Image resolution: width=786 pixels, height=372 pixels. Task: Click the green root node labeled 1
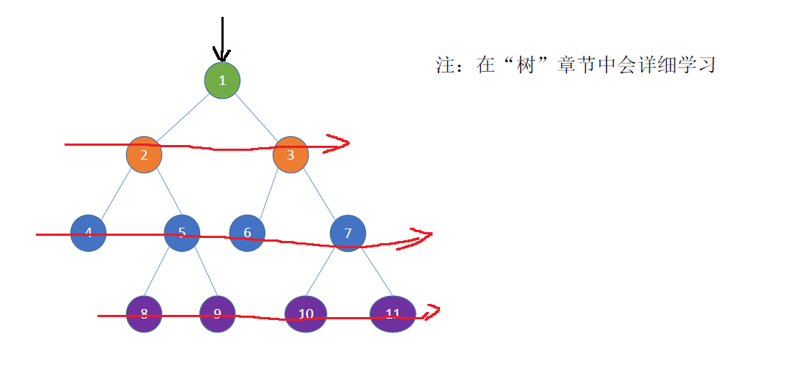point(222,80)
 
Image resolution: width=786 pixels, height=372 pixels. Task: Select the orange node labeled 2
point(144,155)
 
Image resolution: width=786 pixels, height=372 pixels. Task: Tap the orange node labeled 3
point(290,155)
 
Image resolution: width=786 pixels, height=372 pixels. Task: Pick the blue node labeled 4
point(89,233)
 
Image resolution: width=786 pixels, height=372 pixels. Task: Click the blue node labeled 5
point(182,233)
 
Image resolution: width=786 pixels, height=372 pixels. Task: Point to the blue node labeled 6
point(247,233)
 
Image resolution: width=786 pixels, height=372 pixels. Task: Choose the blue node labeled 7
point(348,234)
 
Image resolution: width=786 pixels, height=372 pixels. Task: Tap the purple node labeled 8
point(144,314)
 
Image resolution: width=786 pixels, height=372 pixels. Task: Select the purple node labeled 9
point(217,314)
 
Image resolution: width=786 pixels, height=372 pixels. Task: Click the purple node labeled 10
point(306,314)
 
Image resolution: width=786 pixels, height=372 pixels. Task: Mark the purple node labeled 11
point(392,314)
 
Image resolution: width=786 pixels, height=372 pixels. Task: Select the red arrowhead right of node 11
point(433,312)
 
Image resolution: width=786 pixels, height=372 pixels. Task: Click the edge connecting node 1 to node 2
point(183,117)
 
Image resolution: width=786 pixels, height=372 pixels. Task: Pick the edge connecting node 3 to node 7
point(318,193)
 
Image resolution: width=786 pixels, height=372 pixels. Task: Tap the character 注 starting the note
point(446,65)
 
